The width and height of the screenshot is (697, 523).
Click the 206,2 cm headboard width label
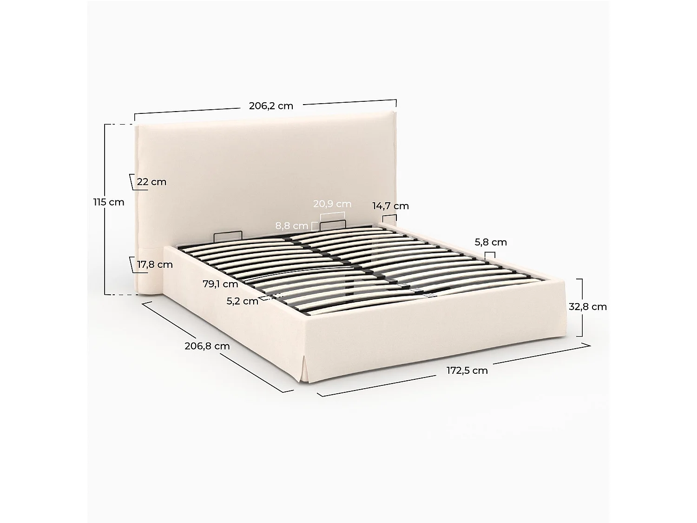pyautogui.click(x=271, y=106)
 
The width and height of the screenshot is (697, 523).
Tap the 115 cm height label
pyautogui.click(x=109, y=202)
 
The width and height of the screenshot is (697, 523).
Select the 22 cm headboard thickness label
pyautogui.click(x=151, y=182)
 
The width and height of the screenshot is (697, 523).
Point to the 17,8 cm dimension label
pyautogui.click(x=155, y=265)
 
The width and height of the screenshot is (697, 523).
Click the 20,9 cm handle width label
pyautogui.click(x=332, y=204)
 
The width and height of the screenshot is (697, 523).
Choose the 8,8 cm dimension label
pyautogui.click(x=292, y=226)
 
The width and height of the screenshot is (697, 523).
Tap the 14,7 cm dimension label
pyautogui.click(x=390, y=205)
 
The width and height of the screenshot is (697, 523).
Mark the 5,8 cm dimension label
pyautogui.click(x=491, y=242)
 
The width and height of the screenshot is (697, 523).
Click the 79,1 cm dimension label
pyautogui.click(x=220, y=284)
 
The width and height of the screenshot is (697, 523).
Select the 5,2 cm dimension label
pyautogui.click(x=243, y=301)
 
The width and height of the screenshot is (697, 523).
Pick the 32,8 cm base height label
pyautogui.click(x=588, y=307)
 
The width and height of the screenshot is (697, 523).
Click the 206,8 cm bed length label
pyautogui.click(x=207, y=346)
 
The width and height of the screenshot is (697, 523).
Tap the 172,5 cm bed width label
pyautogui.click(x=467, y=371)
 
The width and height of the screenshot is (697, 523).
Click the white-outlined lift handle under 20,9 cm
pyautogui.click(x=333, y=223)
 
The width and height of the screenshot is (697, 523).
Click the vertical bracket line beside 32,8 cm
pyautogui.click(x=581, y=307)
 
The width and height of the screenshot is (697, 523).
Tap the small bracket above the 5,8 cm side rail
pyautogui.click(x=490, y=255)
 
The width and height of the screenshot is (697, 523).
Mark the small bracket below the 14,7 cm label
pyautogui.click(x=389, y=218)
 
